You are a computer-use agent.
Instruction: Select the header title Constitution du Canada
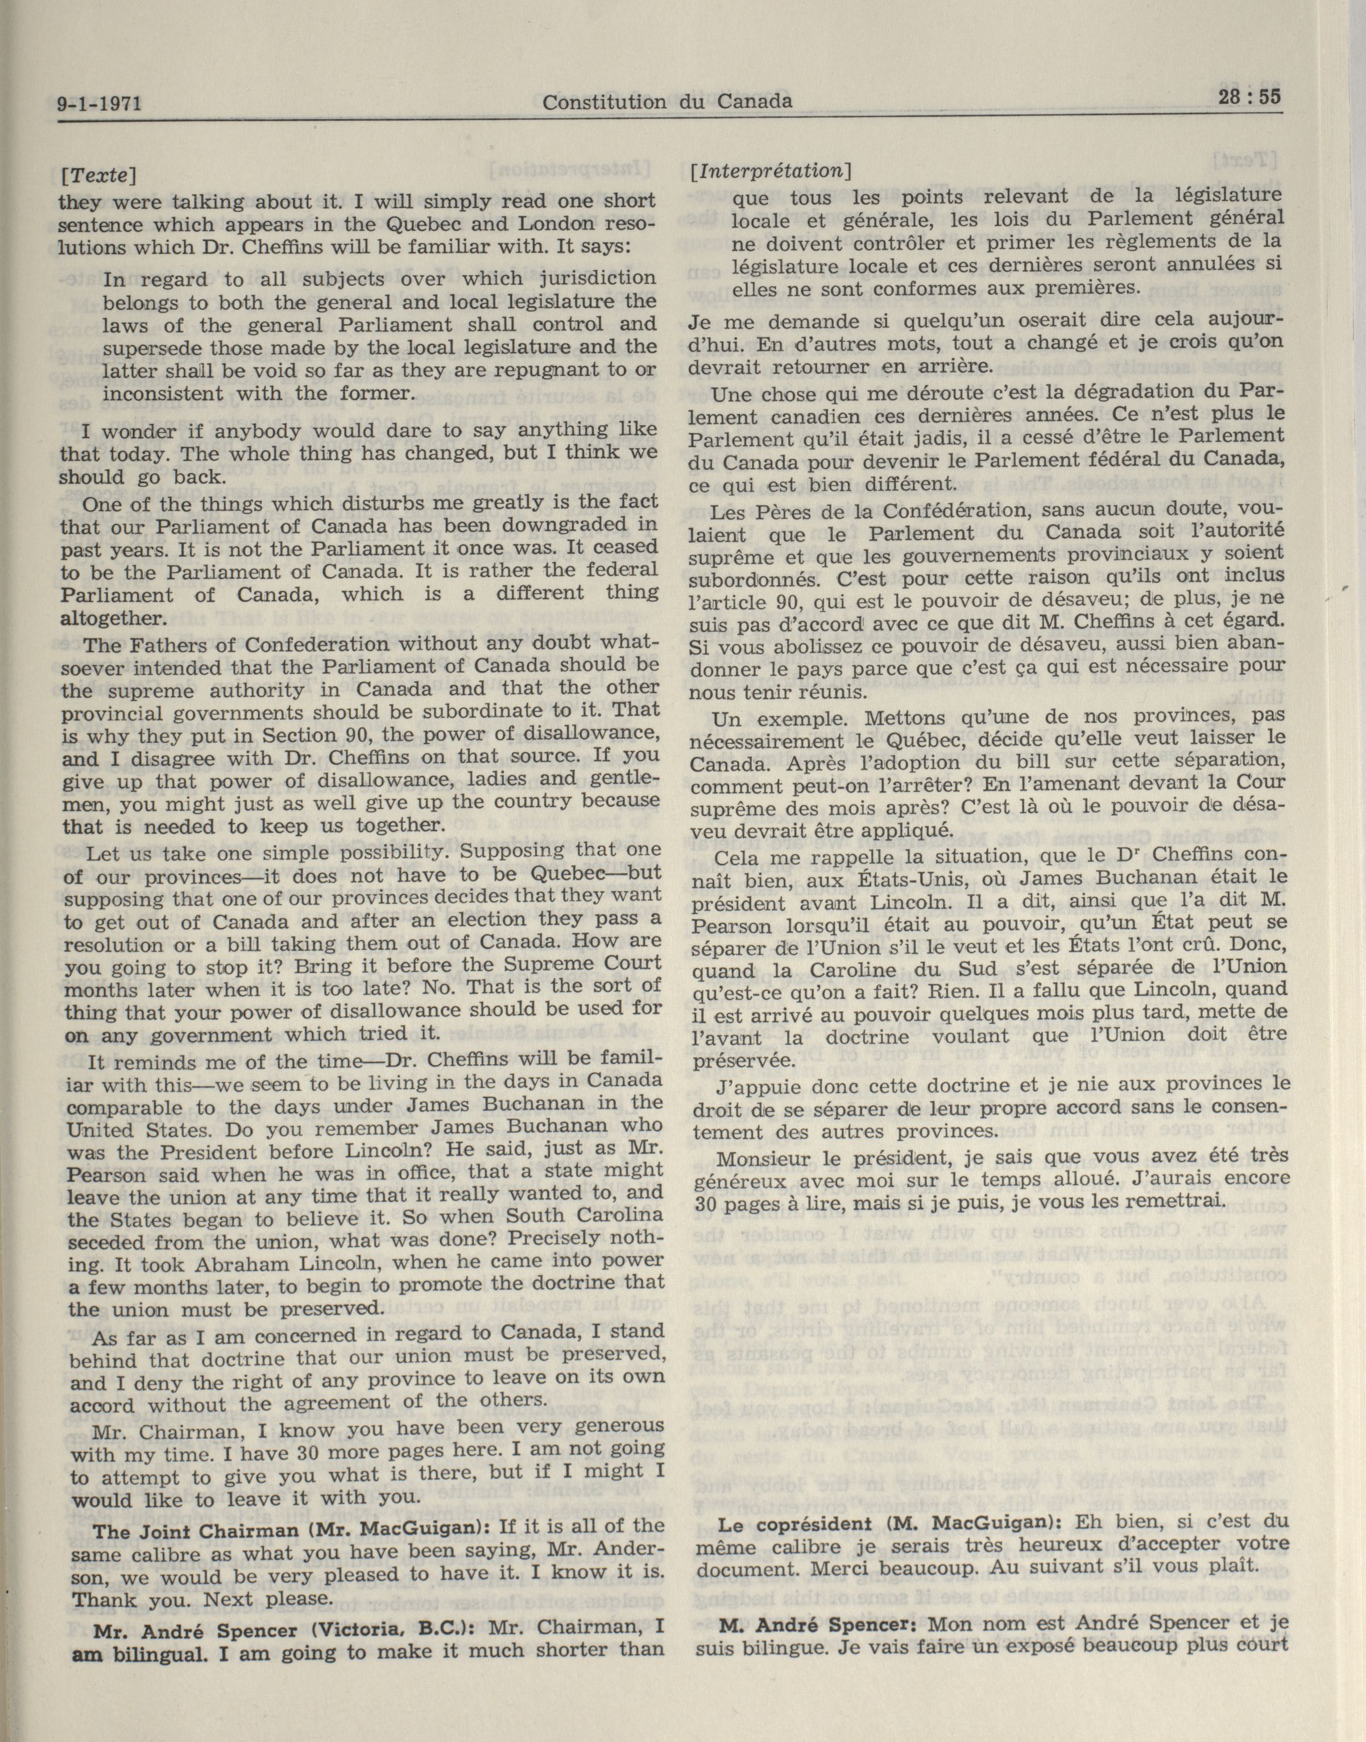pyautogui.click(x=667, y=102)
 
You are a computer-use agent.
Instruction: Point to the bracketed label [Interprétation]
pyautogui.click(x=770, y=171)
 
